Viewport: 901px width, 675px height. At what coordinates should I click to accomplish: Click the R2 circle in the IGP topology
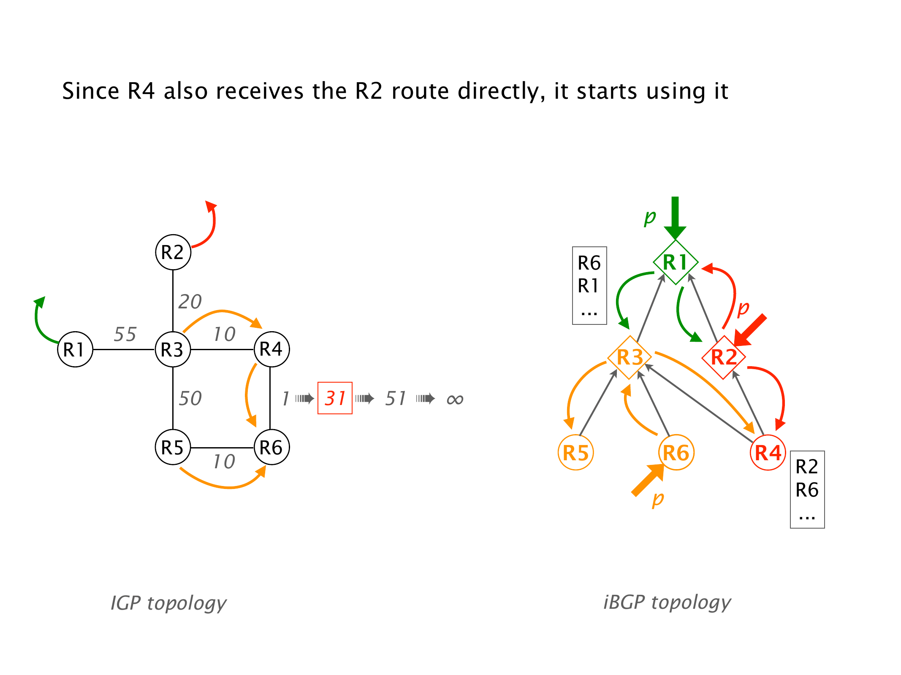coord(173,252)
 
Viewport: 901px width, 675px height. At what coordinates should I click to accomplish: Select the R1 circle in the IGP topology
coord(75,349)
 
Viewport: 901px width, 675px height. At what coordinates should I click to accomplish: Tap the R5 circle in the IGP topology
coord(173,447)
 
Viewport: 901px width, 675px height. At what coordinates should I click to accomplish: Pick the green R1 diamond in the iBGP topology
coord(676,262)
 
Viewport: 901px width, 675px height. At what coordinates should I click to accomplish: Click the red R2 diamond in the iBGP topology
coord(724,357)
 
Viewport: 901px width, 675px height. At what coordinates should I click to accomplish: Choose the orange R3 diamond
coord(630,357)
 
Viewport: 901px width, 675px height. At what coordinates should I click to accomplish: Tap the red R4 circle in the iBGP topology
coord(768,453)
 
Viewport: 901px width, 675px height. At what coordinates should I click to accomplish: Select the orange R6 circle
coord(676,453)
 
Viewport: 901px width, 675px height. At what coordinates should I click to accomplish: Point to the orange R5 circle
coord(576,453)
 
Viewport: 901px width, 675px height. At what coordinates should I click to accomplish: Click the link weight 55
coord(125,334)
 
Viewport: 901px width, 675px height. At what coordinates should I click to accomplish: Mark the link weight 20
coord(190,302)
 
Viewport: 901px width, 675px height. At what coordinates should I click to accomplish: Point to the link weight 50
coord(190,398)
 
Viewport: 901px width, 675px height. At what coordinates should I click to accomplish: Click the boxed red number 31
coord(335,398)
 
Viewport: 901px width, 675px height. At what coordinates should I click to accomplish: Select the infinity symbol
coord(455,399)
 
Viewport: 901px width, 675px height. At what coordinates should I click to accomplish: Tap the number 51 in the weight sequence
coord(396,398)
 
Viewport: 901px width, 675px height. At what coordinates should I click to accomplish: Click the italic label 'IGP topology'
coord(168,603)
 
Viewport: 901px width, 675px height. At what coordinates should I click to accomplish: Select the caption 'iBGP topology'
coord(667,602)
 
